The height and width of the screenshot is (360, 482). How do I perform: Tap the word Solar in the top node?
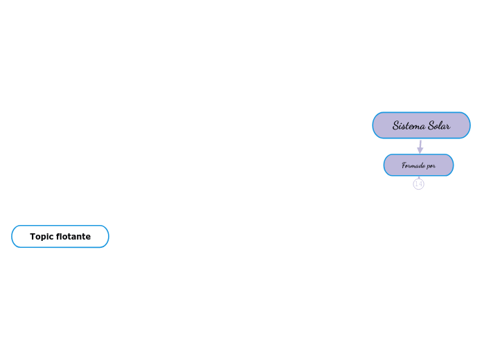click(x=439, y=126)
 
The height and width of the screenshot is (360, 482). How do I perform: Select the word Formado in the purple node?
click(x=413, y=165)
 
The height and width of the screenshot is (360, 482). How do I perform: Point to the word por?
click(x=431, y=166)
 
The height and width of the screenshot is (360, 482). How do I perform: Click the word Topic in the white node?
click(x=42, y=237)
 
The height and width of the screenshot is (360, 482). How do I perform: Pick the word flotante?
click(x=73, y=237)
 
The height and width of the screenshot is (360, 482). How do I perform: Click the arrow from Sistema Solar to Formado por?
click(x=420, y=145)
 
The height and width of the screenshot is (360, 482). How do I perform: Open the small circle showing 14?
click(x=418, y=184)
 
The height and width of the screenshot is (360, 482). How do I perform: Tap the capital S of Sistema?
click(x=396, y=126)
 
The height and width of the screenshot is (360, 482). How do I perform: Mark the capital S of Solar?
click(x=431, y=126)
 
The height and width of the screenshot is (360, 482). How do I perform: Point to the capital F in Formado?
click(x=404, y=165)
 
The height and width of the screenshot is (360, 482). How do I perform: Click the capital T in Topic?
click(x=33, y=237)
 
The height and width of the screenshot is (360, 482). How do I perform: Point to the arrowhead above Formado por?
click(x=420, y=150)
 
